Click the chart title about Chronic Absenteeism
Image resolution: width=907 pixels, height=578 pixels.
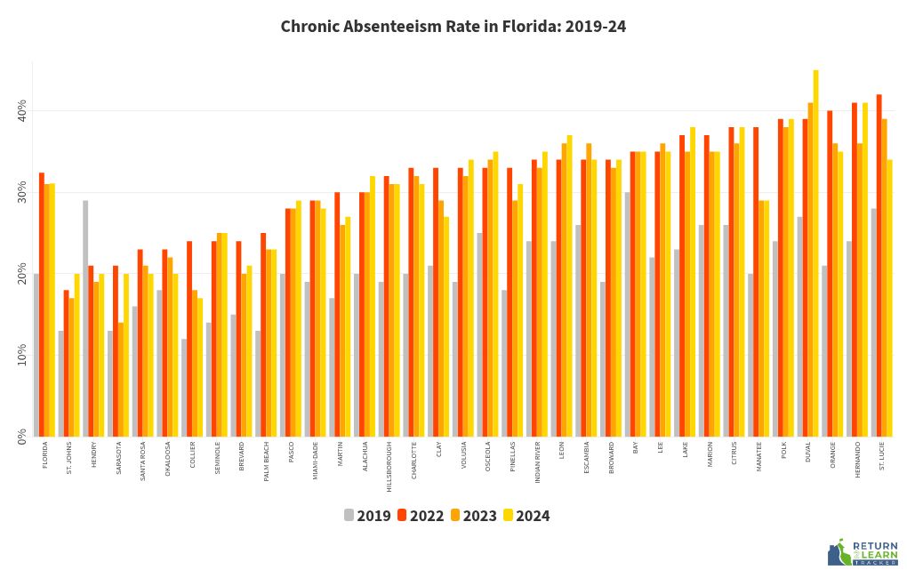453,27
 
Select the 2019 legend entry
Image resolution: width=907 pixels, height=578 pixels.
367,516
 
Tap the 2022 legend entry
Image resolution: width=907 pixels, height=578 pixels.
421,516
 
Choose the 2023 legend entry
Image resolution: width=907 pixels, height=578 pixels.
473,516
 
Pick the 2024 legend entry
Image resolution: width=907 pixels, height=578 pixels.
526,516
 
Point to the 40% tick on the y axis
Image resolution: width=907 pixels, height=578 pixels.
22,111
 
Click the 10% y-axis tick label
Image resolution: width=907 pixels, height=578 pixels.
22,355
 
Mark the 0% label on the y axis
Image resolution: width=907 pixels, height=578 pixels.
22,436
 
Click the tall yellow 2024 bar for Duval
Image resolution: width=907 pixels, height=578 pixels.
815,253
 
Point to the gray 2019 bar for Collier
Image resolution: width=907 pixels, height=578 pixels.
184,388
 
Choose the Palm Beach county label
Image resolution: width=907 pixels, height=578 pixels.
266,462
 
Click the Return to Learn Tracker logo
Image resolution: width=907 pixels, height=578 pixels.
863,553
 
